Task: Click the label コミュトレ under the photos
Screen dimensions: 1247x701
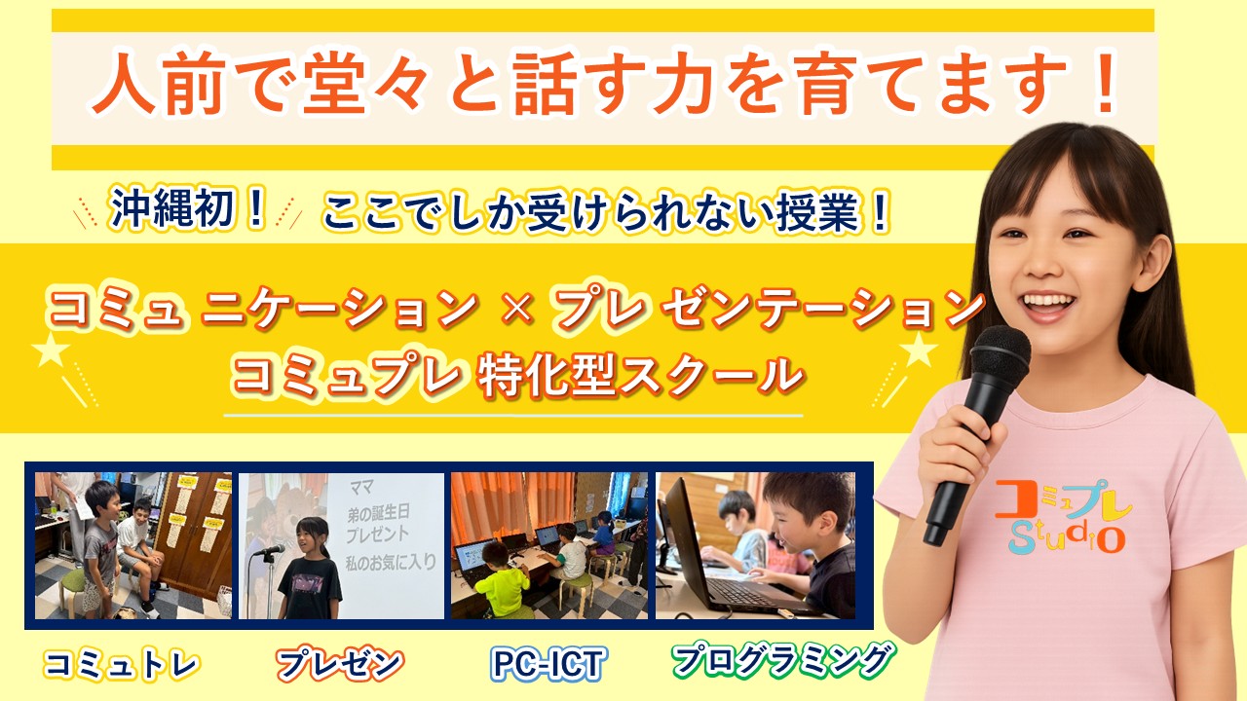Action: (122, 664)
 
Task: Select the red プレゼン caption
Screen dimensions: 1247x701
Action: (340, 664)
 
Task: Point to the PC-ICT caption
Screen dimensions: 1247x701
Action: (548, 664)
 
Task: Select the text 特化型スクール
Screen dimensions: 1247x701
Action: (641, 376)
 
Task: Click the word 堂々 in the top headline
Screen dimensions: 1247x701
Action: (363, 84)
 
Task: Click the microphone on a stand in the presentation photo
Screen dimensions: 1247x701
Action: (270, 578)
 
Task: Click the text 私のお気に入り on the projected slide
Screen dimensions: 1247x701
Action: (391, 563)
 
